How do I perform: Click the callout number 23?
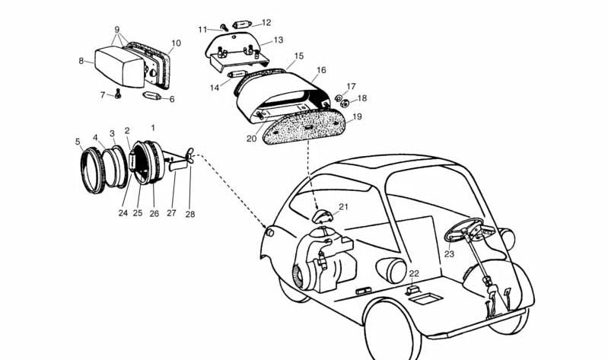[x=449, y=254]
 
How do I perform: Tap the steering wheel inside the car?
[x=463, y=229]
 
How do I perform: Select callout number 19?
[x=357, y=116]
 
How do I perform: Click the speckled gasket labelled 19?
[x=304, y=127]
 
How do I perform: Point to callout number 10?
[x=176, y=43]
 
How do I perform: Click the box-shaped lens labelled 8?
[x=119, y=66]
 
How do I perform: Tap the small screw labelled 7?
[x=118, y=94]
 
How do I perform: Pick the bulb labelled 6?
[x=151, y=96]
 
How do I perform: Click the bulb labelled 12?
[x=242, y=25]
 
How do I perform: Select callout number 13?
[x=279, y=40]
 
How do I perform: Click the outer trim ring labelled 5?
[x=93, y=170]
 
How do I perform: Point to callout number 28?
[x=190, y=214]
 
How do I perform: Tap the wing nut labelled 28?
[x=190, y=155]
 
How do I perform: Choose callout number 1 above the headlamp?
[x=153, y=128]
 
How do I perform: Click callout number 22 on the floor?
[x=414, y=273]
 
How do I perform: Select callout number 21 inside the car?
[x=343, y=207]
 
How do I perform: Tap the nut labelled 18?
[x=344, y=104]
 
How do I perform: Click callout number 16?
[x=321, y=70]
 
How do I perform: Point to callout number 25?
[x=138, y=213]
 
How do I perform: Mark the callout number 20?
[x=252, y=139]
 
